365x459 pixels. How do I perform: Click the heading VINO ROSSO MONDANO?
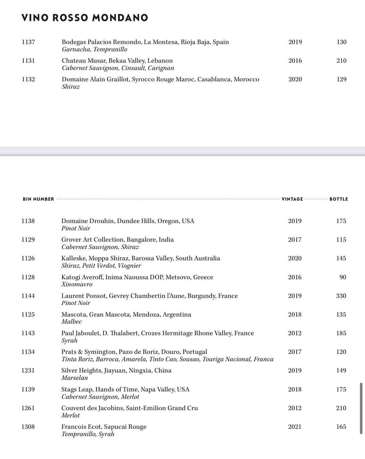(x=84, y=18)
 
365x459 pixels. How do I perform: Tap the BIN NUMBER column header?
(x=38, y=199)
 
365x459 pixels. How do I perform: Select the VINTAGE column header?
(x=292, y=199)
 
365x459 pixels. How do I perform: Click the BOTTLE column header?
(x=339, y=199)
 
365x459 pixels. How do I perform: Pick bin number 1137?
(x=28, y=42)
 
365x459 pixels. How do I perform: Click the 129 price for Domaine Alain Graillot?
(x=341, y=79)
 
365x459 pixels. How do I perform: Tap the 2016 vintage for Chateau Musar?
(x=295, y=60)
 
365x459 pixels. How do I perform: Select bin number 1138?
(x=28, y=221)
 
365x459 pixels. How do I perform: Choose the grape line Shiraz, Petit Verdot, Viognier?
(x=101, y=265)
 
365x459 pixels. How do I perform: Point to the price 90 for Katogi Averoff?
(x=343, y=277)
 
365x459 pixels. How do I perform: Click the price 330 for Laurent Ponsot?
(x=341, y=296)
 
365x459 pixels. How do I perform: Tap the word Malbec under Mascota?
(x=72, y=322)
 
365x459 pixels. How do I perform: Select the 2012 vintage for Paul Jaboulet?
(x=295, y=333)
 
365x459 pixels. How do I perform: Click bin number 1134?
(x=28, y=352)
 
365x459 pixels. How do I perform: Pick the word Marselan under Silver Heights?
(x=74, y=378)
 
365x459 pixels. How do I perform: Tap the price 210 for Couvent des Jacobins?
(x=341, y=408)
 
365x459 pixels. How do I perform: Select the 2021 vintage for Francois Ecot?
(x=295, y=427)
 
